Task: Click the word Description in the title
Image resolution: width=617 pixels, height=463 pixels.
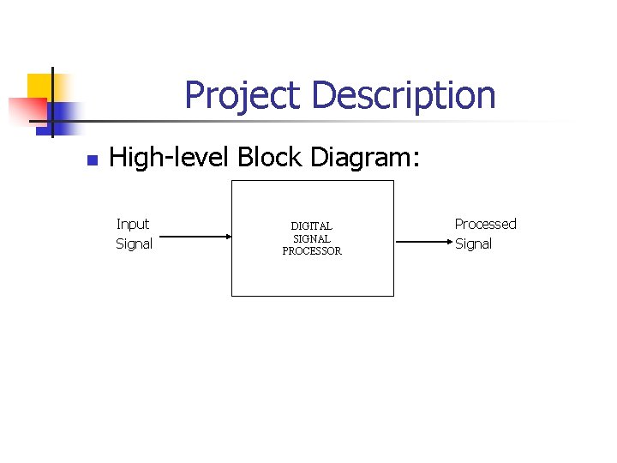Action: coord(403,95)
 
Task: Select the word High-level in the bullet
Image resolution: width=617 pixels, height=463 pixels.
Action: coord(171,158)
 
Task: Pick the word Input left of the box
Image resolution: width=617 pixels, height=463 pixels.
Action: coord(133,224)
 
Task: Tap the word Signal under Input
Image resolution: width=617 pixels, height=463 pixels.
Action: coord(134,244)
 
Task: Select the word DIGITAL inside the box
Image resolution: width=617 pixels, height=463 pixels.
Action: coord(311,226)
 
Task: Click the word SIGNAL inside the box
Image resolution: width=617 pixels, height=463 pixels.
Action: coord(312,238)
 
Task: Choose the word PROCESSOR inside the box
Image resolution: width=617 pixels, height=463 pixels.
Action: coord(312,251)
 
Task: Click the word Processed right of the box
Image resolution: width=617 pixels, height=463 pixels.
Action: coord(485,224)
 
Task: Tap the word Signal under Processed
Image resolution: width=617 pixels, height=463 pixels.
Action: coord(473,244)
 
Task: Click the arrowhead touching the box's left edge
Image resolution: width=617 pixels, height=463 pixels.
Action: coord(227,237)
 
